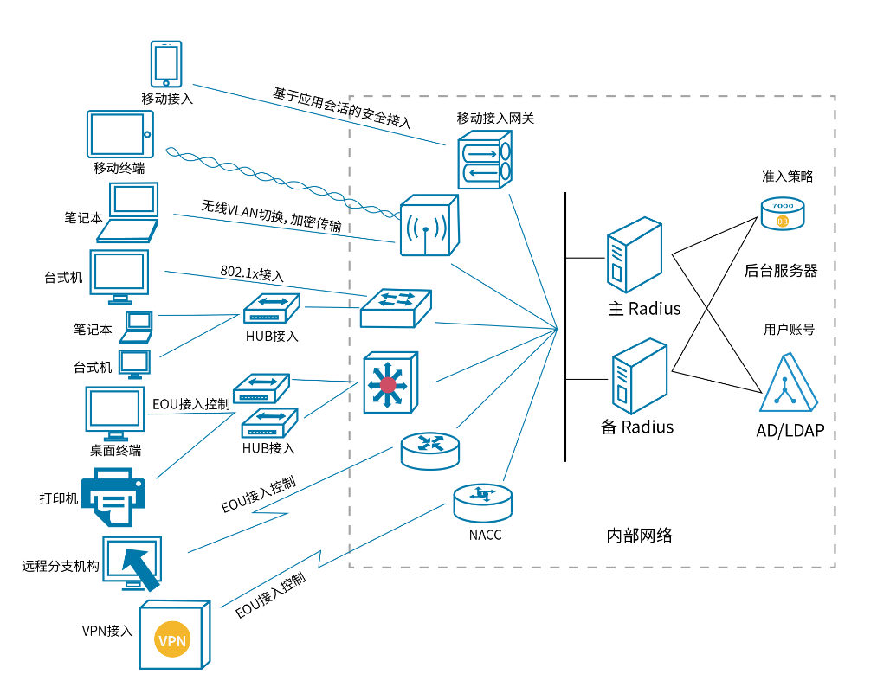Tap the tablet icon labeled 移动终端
pos(119,134)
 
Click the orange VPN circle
pos(171,641)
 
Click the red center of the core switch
pos(388,383)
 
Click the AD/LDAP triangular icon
pos(788,385)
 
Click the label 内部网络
pos(639,535)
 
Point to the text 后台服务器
pos(781,270)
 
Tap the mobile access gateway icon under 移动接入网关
pos(485,160)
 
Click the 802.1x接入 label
pos(252,274)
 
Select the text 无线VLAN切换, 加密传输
pos(271,216)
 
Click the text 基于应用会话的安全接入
pos(342,107)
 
